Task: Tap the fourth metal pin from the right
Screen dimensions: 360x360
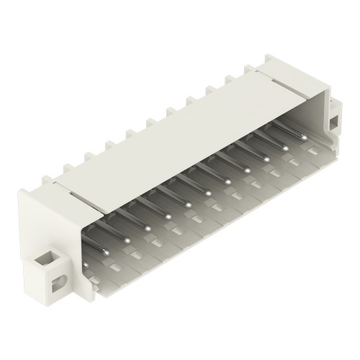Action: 247,171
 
